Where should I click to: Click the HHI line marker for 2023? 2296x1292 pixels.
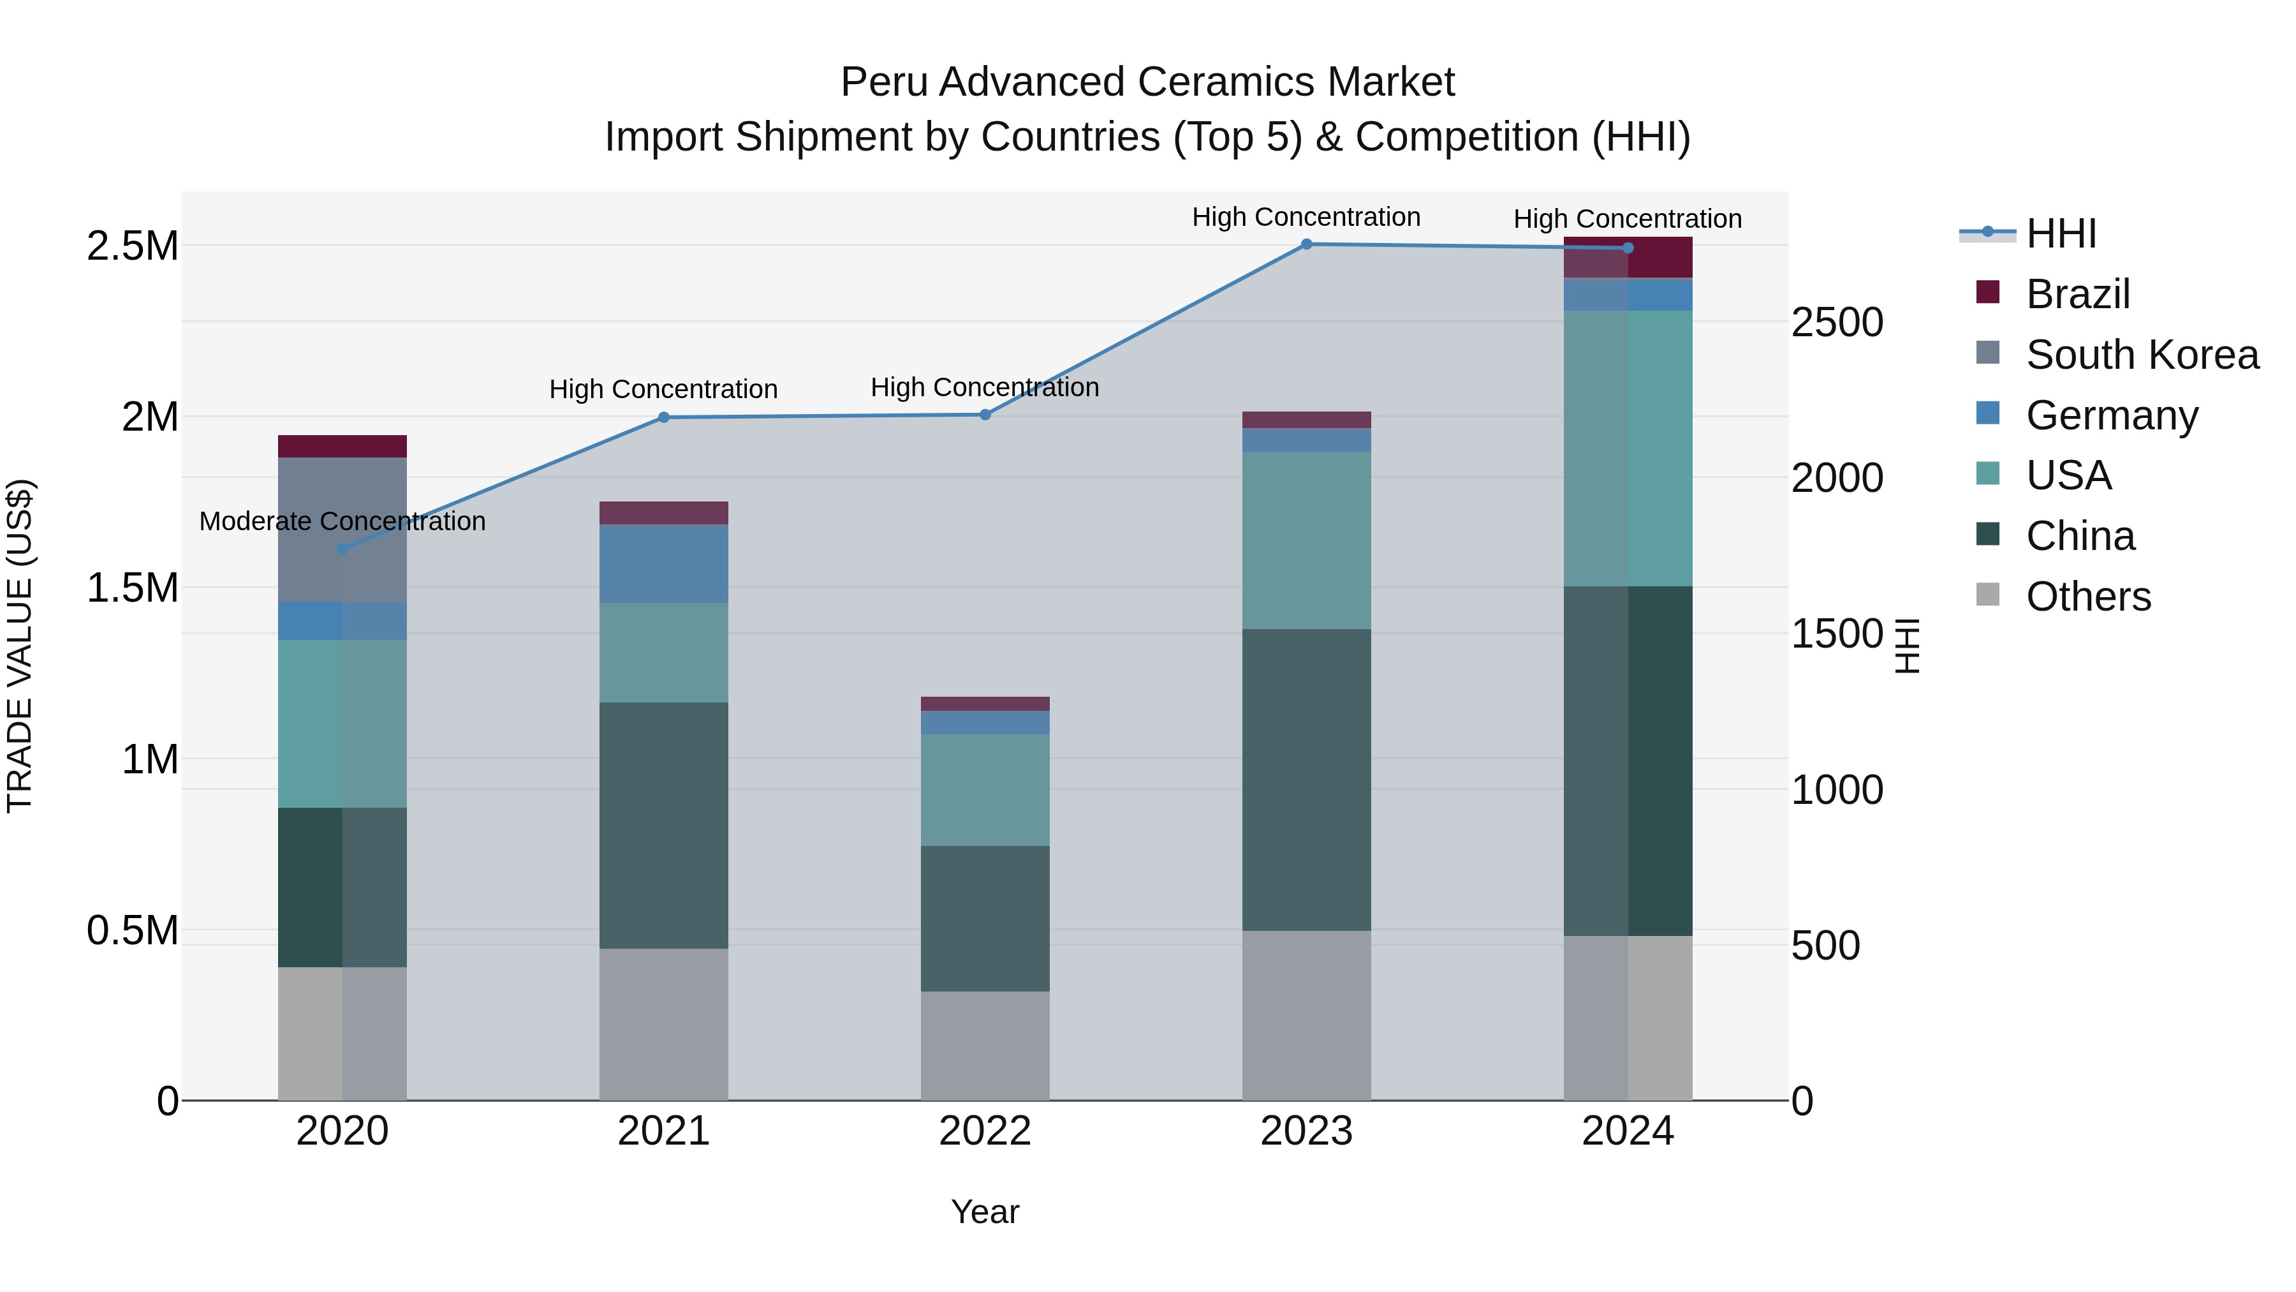1306,244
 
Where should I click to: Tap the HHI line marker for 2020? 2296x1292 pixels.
342,548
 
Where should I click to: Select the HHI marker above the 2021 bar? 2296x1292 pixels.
663,417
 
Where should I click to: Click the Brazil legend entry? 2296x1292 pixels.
2078,294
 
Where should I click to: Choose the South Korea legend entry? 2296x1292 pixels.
2142,355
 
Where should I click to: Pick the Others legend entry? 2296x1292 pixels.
2088,597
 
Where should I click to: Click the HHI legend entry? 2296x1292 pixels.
2061,234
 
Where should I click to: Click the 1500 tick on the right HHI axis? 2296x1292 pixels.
1837,634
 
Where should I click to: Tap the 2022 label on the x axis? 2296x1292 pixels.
985,1131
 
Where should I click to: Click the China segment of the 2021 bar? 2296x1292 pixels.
663,825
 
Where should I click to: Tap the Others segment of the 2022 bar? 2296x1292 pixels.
985,1045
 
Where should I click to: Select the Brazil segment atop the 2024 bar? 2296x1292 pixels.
1628,258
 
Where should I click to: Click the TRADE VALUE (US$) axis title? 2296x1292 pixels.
20,646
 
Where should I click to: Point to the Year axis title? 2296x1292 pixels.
985,1212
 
